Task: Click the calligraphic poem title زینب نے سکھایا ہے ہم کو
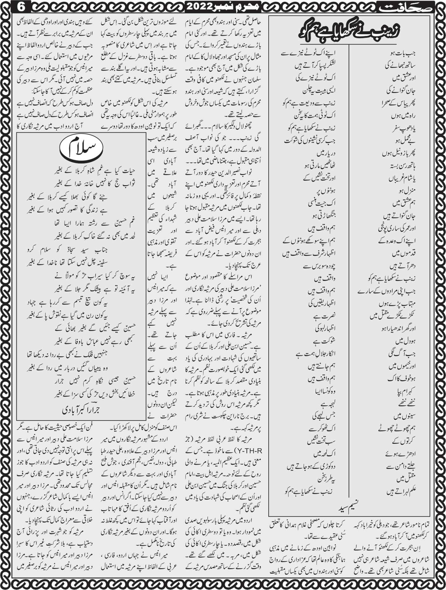coord(349,31)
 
